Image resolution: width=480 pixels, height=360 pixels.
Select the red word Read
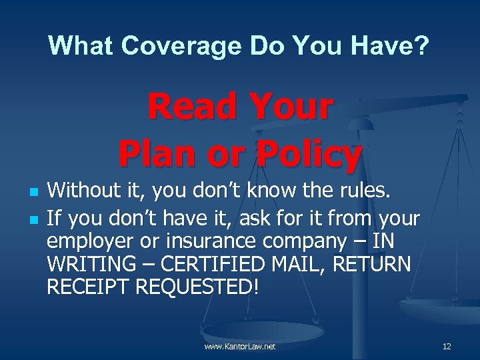pyautogui.click(x=192, y=109)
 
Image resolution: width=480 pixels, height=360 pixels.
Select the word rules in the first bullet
pyautogui.click(x=369, y=193)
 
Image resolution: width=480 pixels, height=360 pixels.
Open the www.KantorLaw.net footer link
pyautogui.click(x=241, y=347)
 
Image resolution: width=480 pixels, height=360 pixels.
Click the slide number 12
pyautogui.click(x=447, y=347)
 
